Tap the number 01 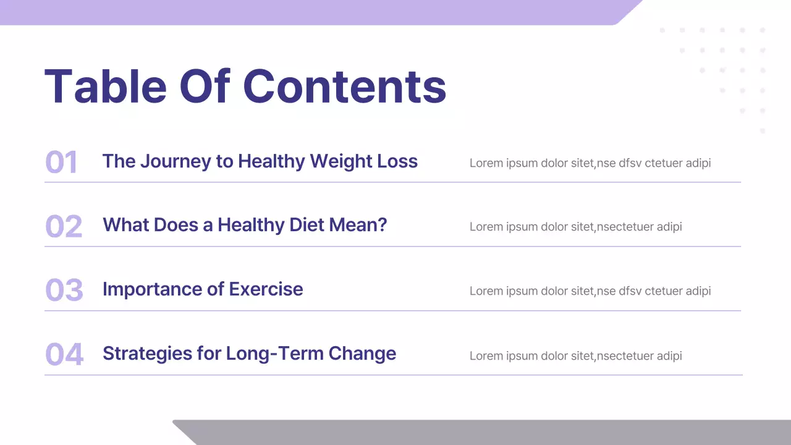pyautogui.click(x=61, y=163)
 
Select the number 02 pyautogui.click(x=64, y=227)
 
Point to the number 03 pyautogui.click(x=64, y=290)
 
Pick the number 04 pyautogui.click(x=64, y=355)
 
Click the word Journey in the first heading pyautogui.click(x=176, y=162)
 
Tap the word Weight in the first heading pyautogui.click(x=341, y=161)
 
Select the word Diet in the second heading pyautogui.click(x=300, y=225)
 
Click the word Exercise pyautogui.click(x=266, y=289)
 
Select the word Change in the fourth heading pyautogui.click(x=362, y=354)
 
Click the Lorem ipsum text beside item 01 pyautogui.click(x=590, y=163)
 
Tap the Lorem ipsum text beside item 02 pyautogui.click(x=575, y=227)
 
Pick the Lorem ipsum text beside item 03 pyautogui.click(x=590, y=291)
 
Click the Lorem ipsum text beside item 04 pyautogui.click(x=575, y=355)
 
